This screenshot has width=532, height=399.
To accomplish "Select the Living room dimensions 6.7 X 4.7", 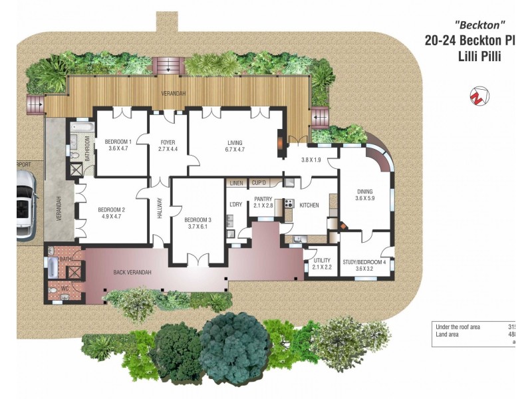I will [x=235, y=150].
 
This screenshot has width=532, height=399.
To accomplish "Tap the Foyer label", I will [x=168, y=141].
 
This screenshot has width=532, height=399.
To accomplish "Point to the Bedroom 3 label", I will [x=198, y=220].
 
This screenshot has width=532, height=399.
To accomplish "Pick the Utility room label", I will [x=322, y=261].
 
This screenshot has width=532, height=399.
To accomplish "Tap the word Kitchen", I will [x=310, y=205].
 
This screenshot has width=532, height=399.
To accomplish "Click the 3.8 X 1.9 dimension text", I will [x=311, y=160].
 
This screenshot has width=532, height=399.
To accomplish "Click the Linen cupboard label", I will [x=236, y=183].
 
